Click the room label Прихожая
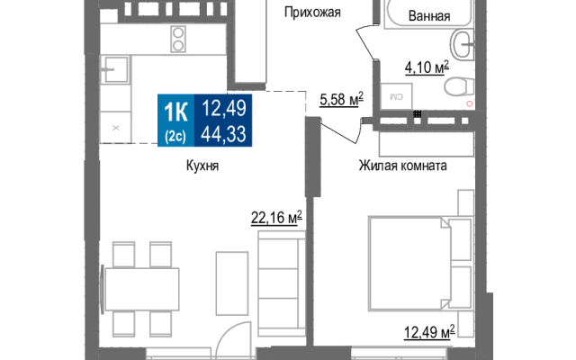click(312, 13)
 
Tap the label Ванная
click(429, 16)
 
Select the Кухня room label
click(202, 166)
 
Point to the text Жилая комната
click(402, 166)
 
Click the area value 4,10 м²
click(427, 67)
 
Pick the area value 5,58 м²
click(341, 99)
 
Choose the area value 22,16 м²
click(276, 218)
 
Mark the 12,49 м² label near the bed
click(429, 332)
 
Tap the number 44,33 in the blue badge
click(223, 134)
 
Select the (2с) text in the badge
click(175, 137)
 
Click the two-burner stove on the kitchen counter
click(178, 39)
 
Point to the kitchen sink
click(115, 69)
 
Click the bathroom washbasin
click(463, 45)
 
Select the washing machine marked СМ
click(396, 96)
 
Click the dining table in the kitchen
click(142, 289)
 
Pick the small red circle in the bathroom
click(469, 104)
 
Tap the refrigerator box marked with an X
click(116, 128)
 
